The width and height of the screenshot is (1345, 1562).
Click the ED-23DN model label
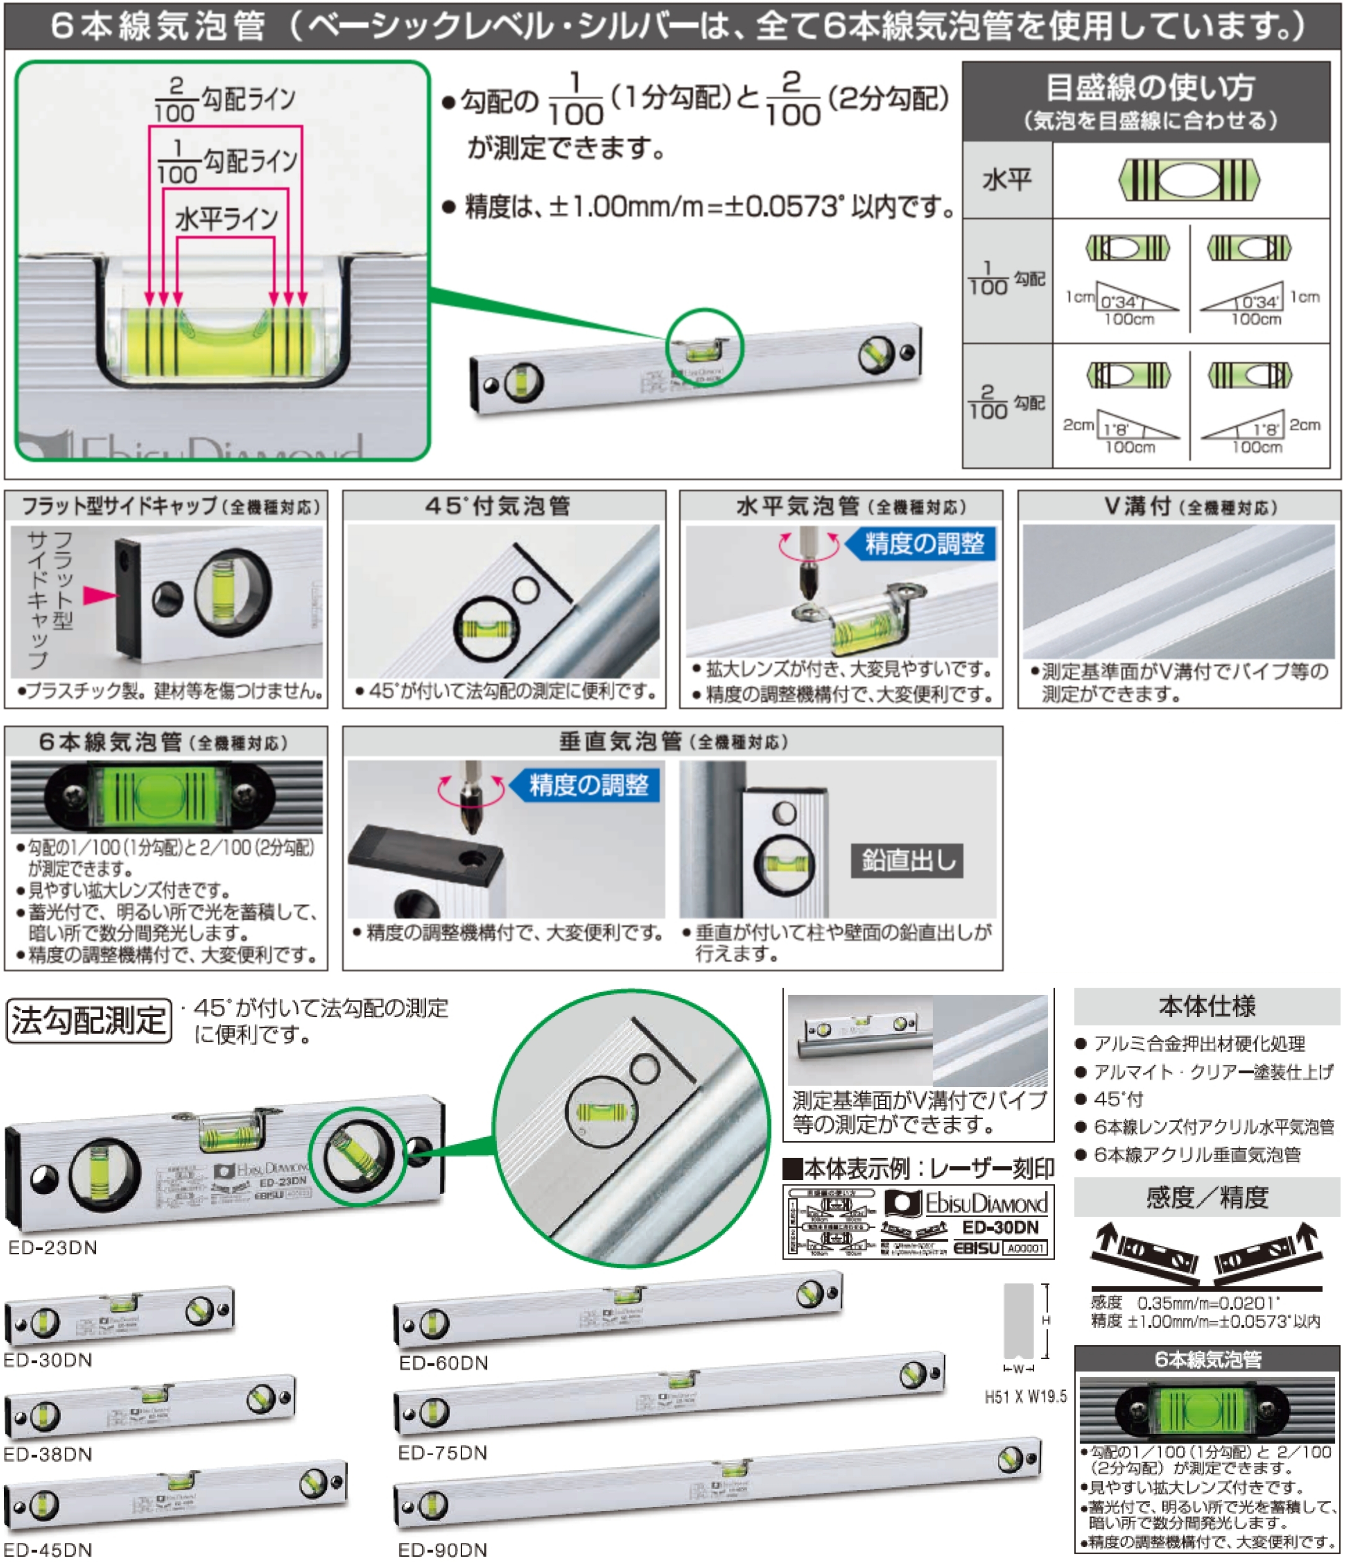click(53, 1248)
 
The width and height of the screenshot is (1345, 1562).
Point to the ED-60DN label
click(444, 1363)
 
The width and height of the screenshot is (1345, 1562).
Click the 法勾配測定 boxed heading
click(88, 1022)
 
